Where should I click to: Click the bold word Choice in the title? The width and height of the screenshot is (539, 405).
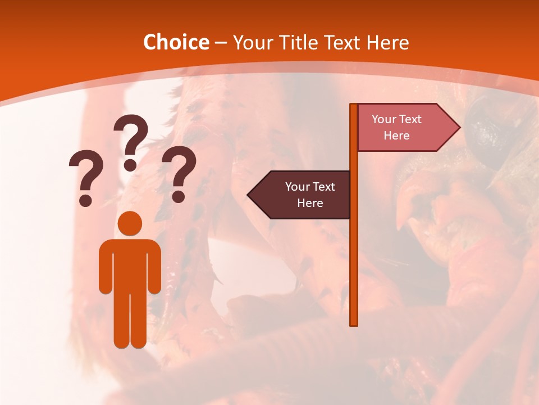(176, 42)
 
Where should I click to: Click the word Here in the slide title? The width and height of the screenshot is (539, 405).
(388, 42)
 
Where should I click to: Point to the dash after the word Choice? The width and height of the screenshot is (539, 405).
(221, 43)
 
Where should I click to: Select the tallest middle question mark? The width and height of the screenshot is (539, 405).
(131, 141)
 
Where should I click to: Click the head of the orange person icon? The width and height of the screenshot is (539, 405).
(130, 223)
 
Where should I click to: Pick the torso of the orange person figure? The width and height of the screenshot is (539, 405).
(130, 264)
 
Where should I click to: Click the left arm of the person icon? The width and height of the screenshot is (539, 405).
(106, 267)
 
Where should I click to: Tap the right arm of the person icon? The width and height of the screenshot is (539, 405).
(154, 267)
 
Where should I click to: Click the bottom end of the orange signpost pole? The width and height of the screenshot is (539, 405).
(354, 323)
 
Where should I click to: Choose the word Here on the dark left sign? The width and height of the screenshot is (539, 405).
(310, 202)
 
